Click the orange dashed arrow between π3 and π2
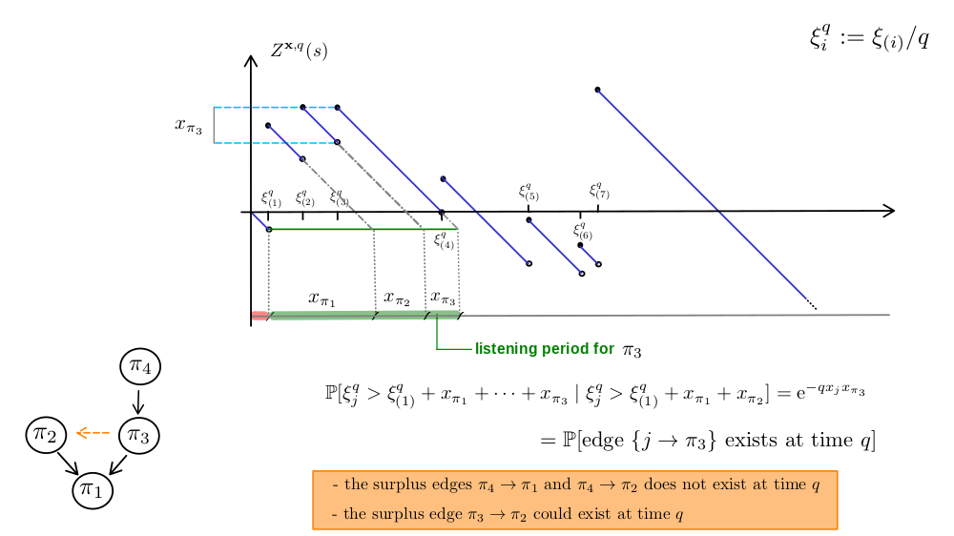click(93, 433)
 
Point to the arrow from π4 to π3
click(138, 401)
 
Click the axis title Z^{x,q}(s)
click(299, 50)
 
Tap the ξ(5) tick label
click(529, 193)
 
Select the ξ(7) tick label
click(599, 191)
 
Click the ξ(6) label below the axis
click(582, 231)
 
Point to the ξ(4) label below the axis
click(444, 240)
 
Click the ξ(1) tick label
click(271, 199)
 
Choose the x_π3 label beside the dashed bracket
click(189, 125)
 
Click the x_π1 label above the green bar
click(321, 299)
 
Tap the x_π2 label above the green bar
click(397, 299)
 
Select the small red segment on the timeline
click(259, 316)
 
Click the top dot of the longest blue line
click(597, 90)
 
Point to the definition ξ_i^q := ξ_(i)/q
click(869, 38)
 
